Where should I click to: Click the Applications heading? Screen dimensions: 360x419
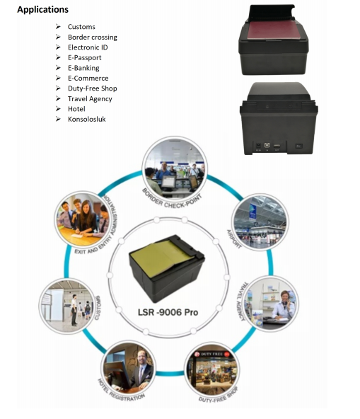(42, 10)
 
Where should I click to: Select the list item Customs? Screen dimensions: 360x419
(81, 27)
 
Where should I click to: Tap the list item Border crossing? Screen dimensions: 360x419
(93, 37)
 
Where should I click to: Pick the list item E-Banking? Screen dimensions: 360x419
(83, 68)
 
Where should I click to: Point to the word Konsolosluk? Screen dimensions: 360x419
(87, 119)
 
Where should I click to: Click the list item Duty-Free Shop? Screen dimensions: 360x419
(93, 88)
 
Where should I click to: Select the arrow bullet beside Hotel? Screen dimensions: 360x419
(58, 109)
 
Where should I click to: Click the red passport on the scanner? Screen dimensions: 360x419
(274, 30)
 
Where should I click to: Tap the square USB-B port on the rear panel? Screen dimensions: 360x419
(267, 145)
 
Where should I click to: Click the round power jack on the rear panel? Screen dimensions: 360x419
(258, 146)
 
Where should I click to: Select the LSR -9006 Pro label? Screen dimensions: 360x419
(168, 312)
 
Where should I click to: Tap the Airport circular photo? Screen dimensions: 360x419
(260, 222)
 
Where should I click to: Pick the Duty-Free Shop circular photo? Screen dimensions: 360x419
(212, 369)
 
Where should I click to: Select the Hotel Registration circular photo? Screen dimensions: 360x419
(128, 368)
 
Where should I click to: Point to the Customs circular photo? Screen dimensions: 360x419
(67, 306)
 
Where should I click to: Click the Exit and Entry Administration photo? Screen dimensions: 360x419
(83, 219)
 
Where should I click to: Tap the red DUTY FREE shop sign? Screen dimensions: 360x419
(212, 354)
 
